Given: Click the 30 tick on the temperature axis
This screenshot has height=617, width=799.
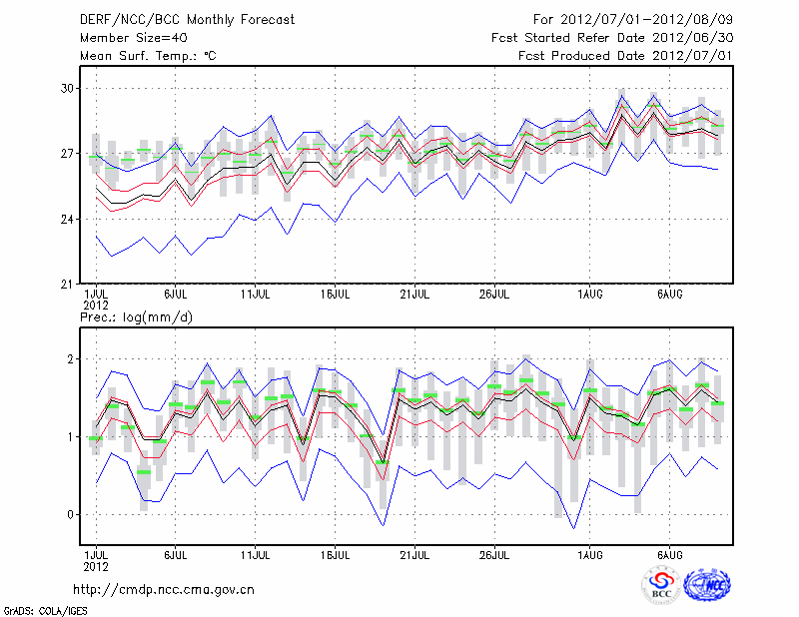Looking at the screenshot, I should coord(67,89).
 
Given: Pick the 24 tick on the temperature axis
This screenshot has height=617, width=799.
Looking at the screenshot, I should coord(67,220).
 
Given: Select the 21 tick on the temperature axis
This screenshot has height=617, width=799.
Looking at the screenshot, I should coord(67,285).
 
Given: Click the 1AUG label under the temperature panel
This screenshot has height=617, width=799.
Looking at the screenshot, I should coord(589,295).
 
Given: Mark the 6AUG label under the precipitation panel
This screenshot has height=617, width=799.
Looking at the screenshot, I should coord(669,553).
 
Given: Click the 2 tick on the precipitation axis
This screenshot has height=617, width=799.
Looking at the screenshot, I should coord(71,359).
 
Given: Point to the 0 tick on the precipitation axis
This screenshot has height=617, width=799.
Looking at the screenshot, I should coord(71,515).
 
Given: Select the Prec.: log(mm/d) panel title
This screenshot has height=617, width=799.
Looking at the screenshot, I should coord(135,317).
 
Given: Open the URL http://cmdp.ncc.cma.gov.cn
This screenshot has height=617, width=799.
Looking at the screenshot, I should coord(164,589).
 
